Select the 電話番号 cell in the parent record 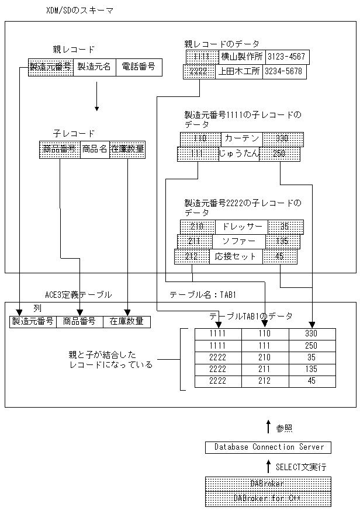(139, 67)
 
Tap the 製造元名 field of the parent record (94, 67)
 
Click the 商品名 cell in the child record (94, 150)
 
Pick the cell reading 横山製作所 (241, 57)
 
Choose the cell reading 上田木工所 (238, 72)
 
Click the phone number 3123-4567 (287, 57)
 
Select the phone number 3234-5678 (283, 72)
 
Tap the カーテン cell (242, 139)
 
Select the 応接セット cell (236, 256)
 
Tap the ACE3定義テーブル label (78, 295)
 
